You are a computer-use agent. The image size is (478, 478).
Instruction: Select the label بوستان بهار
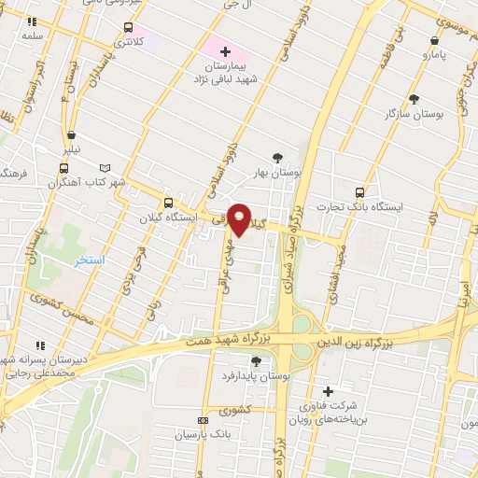click(x=275, y=173)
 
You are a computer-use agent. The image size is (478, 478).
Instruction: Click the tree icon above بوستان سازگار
click(x=415, y=98)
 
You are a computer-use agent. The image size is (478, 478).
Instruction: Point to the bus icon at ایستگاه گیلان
click(x=168, y=203)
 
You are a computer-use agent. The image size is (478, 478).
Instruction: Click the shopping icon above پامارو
click(x=435, y=40)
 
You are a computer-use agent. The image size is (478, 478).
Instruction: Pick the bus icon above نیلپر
click(x=71, y=134)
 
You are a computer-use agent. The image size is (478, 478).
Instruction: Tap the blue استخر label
click(x=91, y=260)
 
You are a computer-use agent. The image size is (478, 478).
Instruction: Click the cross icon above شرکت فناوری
click(x=327, y=391)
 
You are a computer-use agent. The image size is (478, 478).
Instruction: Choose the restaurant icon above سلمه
click(x=33, y=21)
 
